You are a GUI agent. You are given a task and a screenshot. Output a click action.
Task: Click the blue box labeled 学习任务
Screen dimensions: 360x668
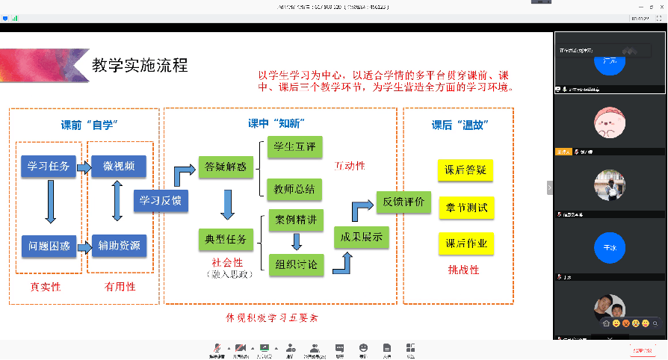pyautogui.click(x=49, y=167)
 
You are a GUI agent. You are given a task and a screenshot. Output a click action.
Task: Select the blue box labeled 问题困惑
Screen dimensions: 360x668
pyautogui.click(x=49, y=245)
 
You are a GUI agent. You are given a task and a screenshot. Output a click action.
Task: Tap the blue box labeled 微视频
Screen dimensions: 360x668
pyautogui.click(x=120, y=167)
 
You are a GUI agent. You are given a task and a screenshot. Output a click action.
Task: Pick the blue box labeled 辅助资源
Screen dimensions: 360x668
pyautogui.click(x=120, y=245)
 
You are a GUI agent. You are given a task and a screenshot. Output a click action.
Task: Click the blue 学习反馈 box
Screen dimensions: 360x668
pyautogui.click(x=161, y=200)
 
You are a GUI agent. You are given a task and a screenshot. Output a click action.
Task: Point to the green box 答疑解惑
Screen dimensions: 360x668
pyautogui.click(x=226, y=167)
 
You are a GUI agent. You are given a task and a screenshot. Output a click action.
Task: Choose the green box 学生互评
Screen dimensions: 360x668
pyautogui.click(x=294, y=146)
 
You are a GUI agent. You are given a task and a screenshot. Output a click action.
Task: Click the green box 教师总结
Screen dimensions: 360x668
pyautogui.click(x=294, y=188)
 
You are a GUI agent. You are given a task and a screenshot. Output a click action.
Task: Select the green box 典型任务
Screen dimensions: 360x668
pyautogui.click(x=226, y=240)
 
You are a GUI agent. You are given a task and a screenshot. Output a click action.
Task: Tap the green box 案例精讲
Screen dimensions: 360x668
pyautogui.click(x=295, y=220)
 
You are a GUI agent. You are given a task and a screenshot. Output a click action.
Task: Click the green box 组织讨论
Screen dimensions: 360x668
pyautogui.click(x=295, y=263)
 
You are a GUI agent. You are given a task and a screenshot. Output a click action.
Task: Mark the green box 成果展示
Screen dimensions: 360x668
pyautogui.click(x=362, y=238)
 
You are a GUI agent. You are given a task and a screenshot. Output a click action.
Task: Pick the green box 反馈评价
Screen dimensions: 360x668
pyautogui.click(x=403, y=202)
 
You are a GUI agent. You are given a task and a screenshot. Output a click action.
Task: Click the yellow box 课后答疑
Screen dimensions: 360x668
pyautogui.click(x=466, y=170)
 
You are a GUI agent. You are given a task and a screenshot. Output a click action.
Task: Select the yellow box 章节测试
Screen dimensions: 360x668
pyautogui.click(x=466, y=208)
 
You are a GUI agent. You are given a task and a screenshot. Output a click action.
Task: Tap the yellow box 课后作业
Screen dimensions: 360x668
pyautogui.click(x=466, y=243)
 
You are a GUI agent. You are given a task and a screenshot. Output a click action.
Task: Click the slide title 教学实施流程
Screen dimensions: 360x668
pyautogui.click(x=140, y=65)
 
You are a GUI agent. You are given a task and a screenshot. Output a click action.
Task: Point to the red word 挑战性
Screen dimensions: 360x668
pyautogui.click(x=463, y=270)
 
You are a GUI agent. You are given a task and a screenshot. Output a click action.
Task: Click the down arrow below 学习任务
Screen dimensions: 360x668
pyautogui.click(x=50, y=203)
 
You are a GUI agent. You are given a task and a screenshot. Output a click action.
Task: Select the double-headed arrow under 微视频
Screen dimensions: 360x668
pyautogui.click(x=117, y=203)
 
